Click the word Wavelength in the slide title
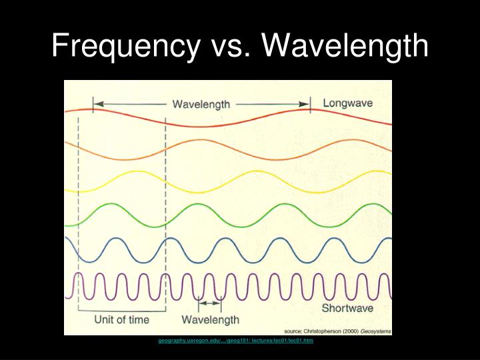tap(345, 46)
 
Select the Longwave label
tap(347, 103)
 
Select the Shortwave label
tap(349, 308)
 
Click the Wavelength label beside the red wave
tap(201, 104)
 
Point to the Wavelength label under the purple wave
tap(210, 320)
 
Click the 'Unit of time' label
tap(121, 320)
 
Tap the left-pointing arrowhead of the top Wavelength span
tap(97, 104)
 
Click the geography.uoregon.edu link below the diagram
tap(235, 340)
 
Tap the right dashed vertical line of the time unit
tap(165, 200)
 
